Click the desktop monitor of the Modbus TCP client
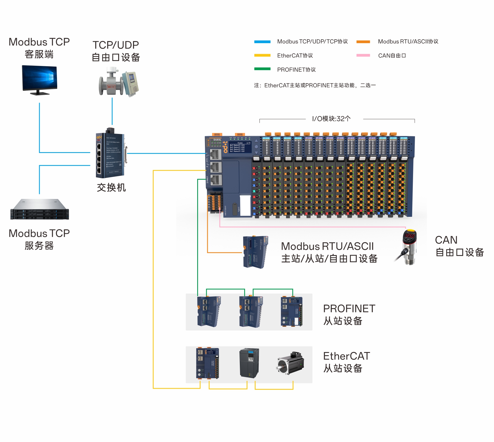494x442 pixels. pyautogui.click(x=39, y=79)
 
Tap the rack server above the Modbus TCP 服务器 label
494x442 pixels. pyautogui.click(x=40, y=210)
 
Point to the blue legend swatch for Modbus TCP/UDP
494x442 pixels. pyautogui.click(x=262, y=42)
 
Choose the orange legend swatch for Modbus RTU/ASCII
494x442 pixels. pyautogui.click(x=363, y=42)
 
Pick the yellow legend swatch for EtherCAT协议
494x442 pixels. pyautogui.click(x=262, y=55)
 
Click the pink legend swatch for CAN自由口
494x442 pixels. pyautogui.click(x=363, y=55)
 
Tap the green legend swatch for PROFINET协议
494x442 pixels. pyautogui.click(x=262, y=69)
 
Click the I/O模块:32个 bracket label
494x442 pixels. pyautogui.click(x=331, y=119)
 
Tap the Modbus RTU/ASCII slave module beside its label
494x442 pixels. pyautogui.click(x=255, y=252)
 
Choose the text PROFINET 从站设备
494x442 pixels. pyautogui.click(x=349, y=315)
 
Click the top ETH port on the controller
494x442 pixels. pyautogui.click(x=216, y=154)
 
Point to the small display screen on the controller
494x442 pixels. pyautogui.click(x=240, y=147)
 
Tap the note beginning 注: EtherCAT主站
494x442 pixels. pyautogui.click(x=315, y=85)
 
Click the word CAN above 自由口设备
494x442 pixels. pyautogui.click(x=446, y=240)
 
